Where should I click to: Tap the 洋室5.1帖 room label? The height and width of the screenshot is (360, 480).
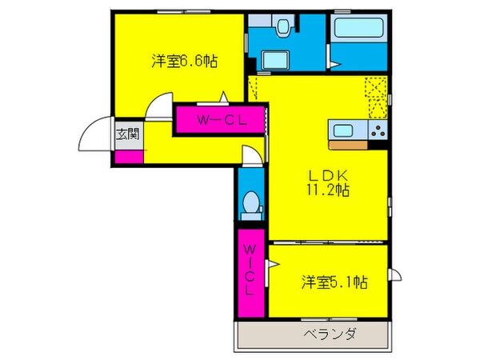tap(335, 282)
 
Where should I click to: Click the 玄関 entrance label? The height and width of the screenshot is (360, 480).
tap(127, 134)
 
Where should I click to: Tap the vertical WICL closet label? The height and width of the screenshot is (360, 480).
tap(250, 270)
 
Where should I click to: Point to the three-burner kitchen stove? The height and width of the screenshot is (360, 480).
tap(378, 132)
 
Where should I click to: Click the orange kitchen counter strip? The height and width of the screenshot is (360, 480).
tap(355, 146)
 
